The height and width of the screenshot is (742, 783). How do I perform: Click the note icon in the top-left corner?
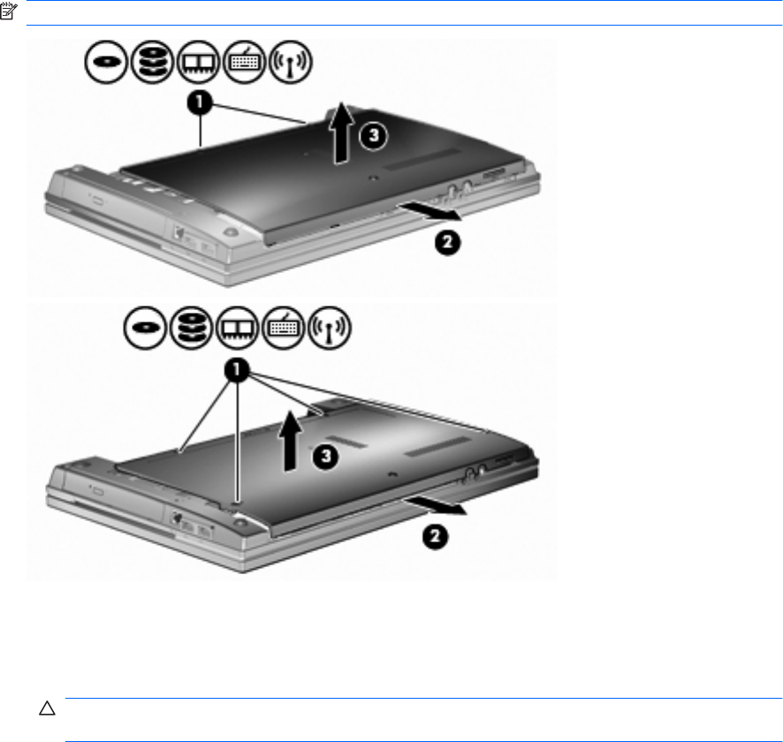click(9, 11)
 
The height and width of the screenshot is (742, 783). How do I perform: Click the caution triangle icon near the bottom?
click(47, 708)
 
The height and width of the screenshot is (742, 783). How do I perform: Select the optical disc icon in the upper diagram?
click(106, 62)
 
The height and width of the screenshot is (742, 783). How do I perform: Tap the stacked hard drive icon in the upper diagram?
click(152, 62)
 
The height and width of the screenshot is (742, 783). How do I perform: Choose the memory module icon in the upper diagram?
click(198, 62)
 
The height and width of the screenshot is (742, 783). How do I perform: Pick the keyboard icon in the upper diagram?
click(244, 62)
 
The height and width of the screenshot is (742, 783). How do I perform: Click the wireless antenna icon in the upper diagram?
click(290, 62)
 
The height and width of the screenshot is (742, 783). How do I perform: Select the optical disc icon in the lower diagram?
click(145, 328)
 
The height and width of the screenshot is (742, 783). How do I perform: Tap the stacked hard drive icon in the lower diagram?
click(191, 328)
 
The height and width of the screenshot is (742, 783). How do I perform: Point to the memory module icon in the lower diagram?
click(237, 328)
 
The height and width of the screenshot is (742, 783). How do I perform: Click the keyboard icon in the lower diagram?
click(283, 328)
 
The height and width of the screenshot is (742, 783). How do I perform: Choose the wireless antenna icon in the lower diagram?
click(329, 328)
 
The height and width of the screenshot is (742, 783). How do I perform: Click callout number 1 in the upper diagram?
click(200, 102)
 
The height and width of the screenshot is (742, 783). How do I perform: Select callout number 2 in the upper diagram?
click(447, 243)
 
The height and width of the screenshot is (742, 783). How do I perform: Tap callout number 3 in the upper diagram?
click(374, 135)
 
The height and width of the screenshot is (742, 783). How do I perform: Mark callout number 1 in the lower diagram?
click(237, 370)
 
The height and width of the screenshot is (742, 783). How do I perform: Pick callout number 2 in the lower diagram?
click(435, 536)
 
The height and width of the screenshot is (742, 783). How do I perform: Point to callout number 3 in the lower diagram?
click(325, 456)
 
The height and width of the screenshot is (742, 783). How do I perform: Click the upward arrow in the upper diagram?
click(341, 133)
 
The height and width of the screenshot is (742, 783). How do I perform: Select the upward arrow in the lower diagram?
click(290, 441)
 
